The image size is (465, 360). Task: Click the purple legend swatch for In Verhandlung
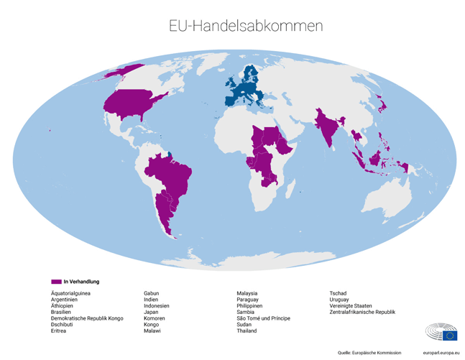point(56,282)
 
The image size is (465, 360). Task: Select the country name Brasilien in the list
point(61,313)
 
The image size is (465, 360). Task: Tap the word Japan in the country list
point(151,313)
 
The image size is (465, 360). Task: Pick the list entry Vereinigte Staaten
point(351,306)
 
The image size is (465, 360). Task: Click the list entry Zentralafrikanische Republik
point(362,313)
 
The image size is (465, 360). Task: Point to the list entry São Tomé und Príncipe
point(263,318)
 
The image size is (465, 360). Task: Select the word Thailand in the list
point(247,331)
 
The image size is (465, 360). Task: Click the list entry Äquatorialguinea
point(70,293)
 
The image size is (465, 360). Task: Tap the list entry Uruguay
point(339,300)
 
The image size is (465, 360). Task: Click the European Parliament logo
point(441,332)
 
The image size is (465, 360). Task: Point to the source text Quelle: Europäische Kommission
point(369,353)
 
